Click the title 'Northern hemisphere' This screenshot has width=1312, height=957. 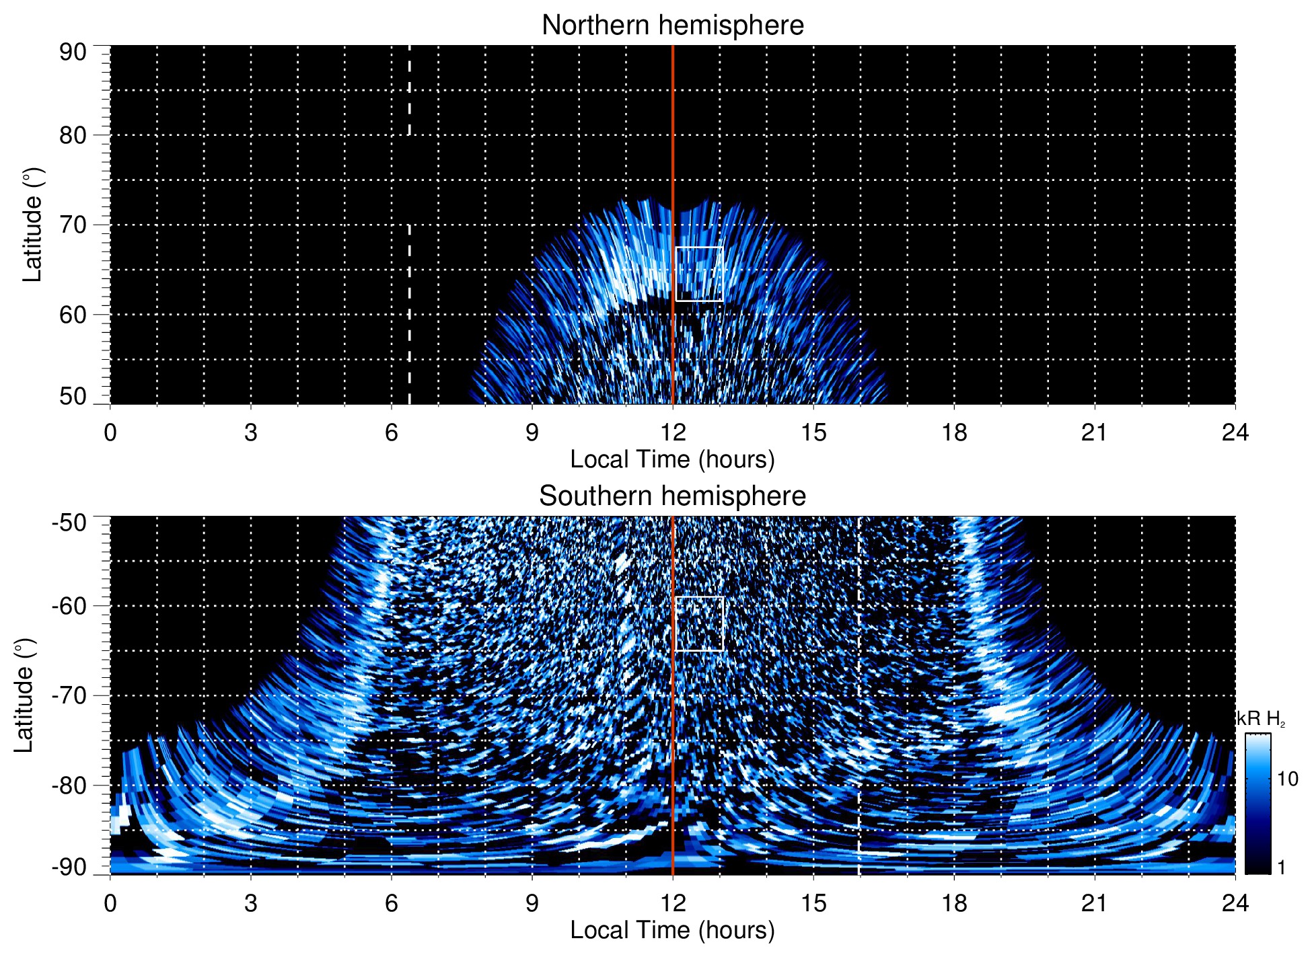[672, 26]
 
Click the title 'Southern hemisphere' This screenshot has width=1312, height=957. [672, 496]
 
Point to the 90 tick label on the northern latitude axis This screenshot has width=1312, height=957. [73, 52]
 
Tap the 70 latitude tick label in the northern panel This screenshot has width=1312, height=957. [73, 225]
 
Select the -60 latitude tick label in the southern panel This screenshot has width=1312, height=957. [69, 605]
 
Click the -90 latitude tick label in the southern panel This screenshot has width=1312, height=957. [69, 868]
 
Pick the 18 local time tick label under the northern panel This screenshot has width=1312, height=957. [953, 432]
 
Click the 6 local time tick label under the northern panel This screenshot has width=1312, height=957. [391, 432]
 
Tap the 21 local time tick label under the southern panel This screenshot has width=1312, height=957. [1094, 903]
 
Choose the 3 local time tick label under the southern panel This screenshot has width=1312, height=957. [250, 903]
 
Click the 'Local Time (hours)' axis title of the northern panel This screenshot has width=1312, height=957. [672, 460]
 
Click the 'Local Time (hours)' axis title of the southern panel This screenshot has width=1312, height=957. [672, 931]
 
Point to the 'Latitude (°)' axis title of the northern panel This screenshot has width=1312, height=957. [32, 225]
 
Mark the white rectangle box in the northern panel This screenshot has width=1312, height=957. [699, 274]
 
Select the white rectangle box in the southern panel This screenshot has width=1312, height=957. [699, 623]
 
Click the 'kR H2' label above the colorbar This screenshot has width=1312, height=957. [1261, 719]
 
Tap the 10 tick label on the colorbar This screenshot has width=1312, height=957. [1287, 779]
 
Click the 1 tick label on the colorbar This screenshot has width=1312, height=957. [1281, 868]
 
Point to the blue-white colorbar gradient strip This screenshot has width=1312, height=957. [1258, 804]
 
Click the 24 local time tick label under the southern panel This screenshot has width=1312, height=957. [1235, 903]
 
